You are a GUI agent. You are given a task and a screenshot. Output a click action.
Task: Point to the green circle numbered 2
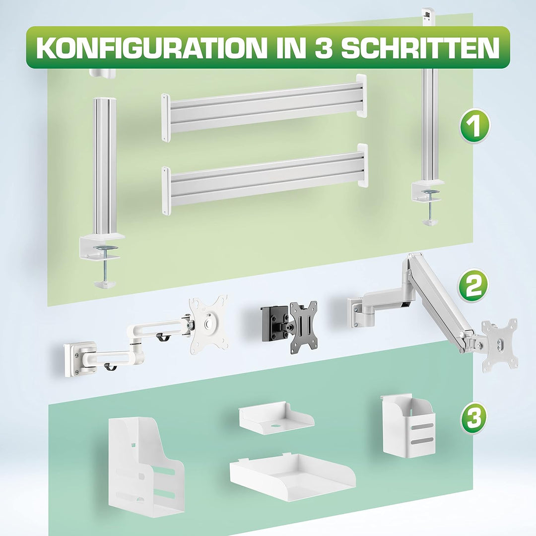click(x=472, y=285)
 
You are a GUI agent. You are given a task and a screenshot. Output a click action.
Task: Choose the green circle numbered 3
click(x=473, y=418)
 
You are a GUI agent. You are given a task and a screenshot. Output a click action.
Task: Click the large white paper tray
click(x=292, y=476)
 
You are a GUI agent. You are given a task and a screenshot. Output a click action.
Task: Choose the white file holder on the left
click(x=144, y=467)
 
